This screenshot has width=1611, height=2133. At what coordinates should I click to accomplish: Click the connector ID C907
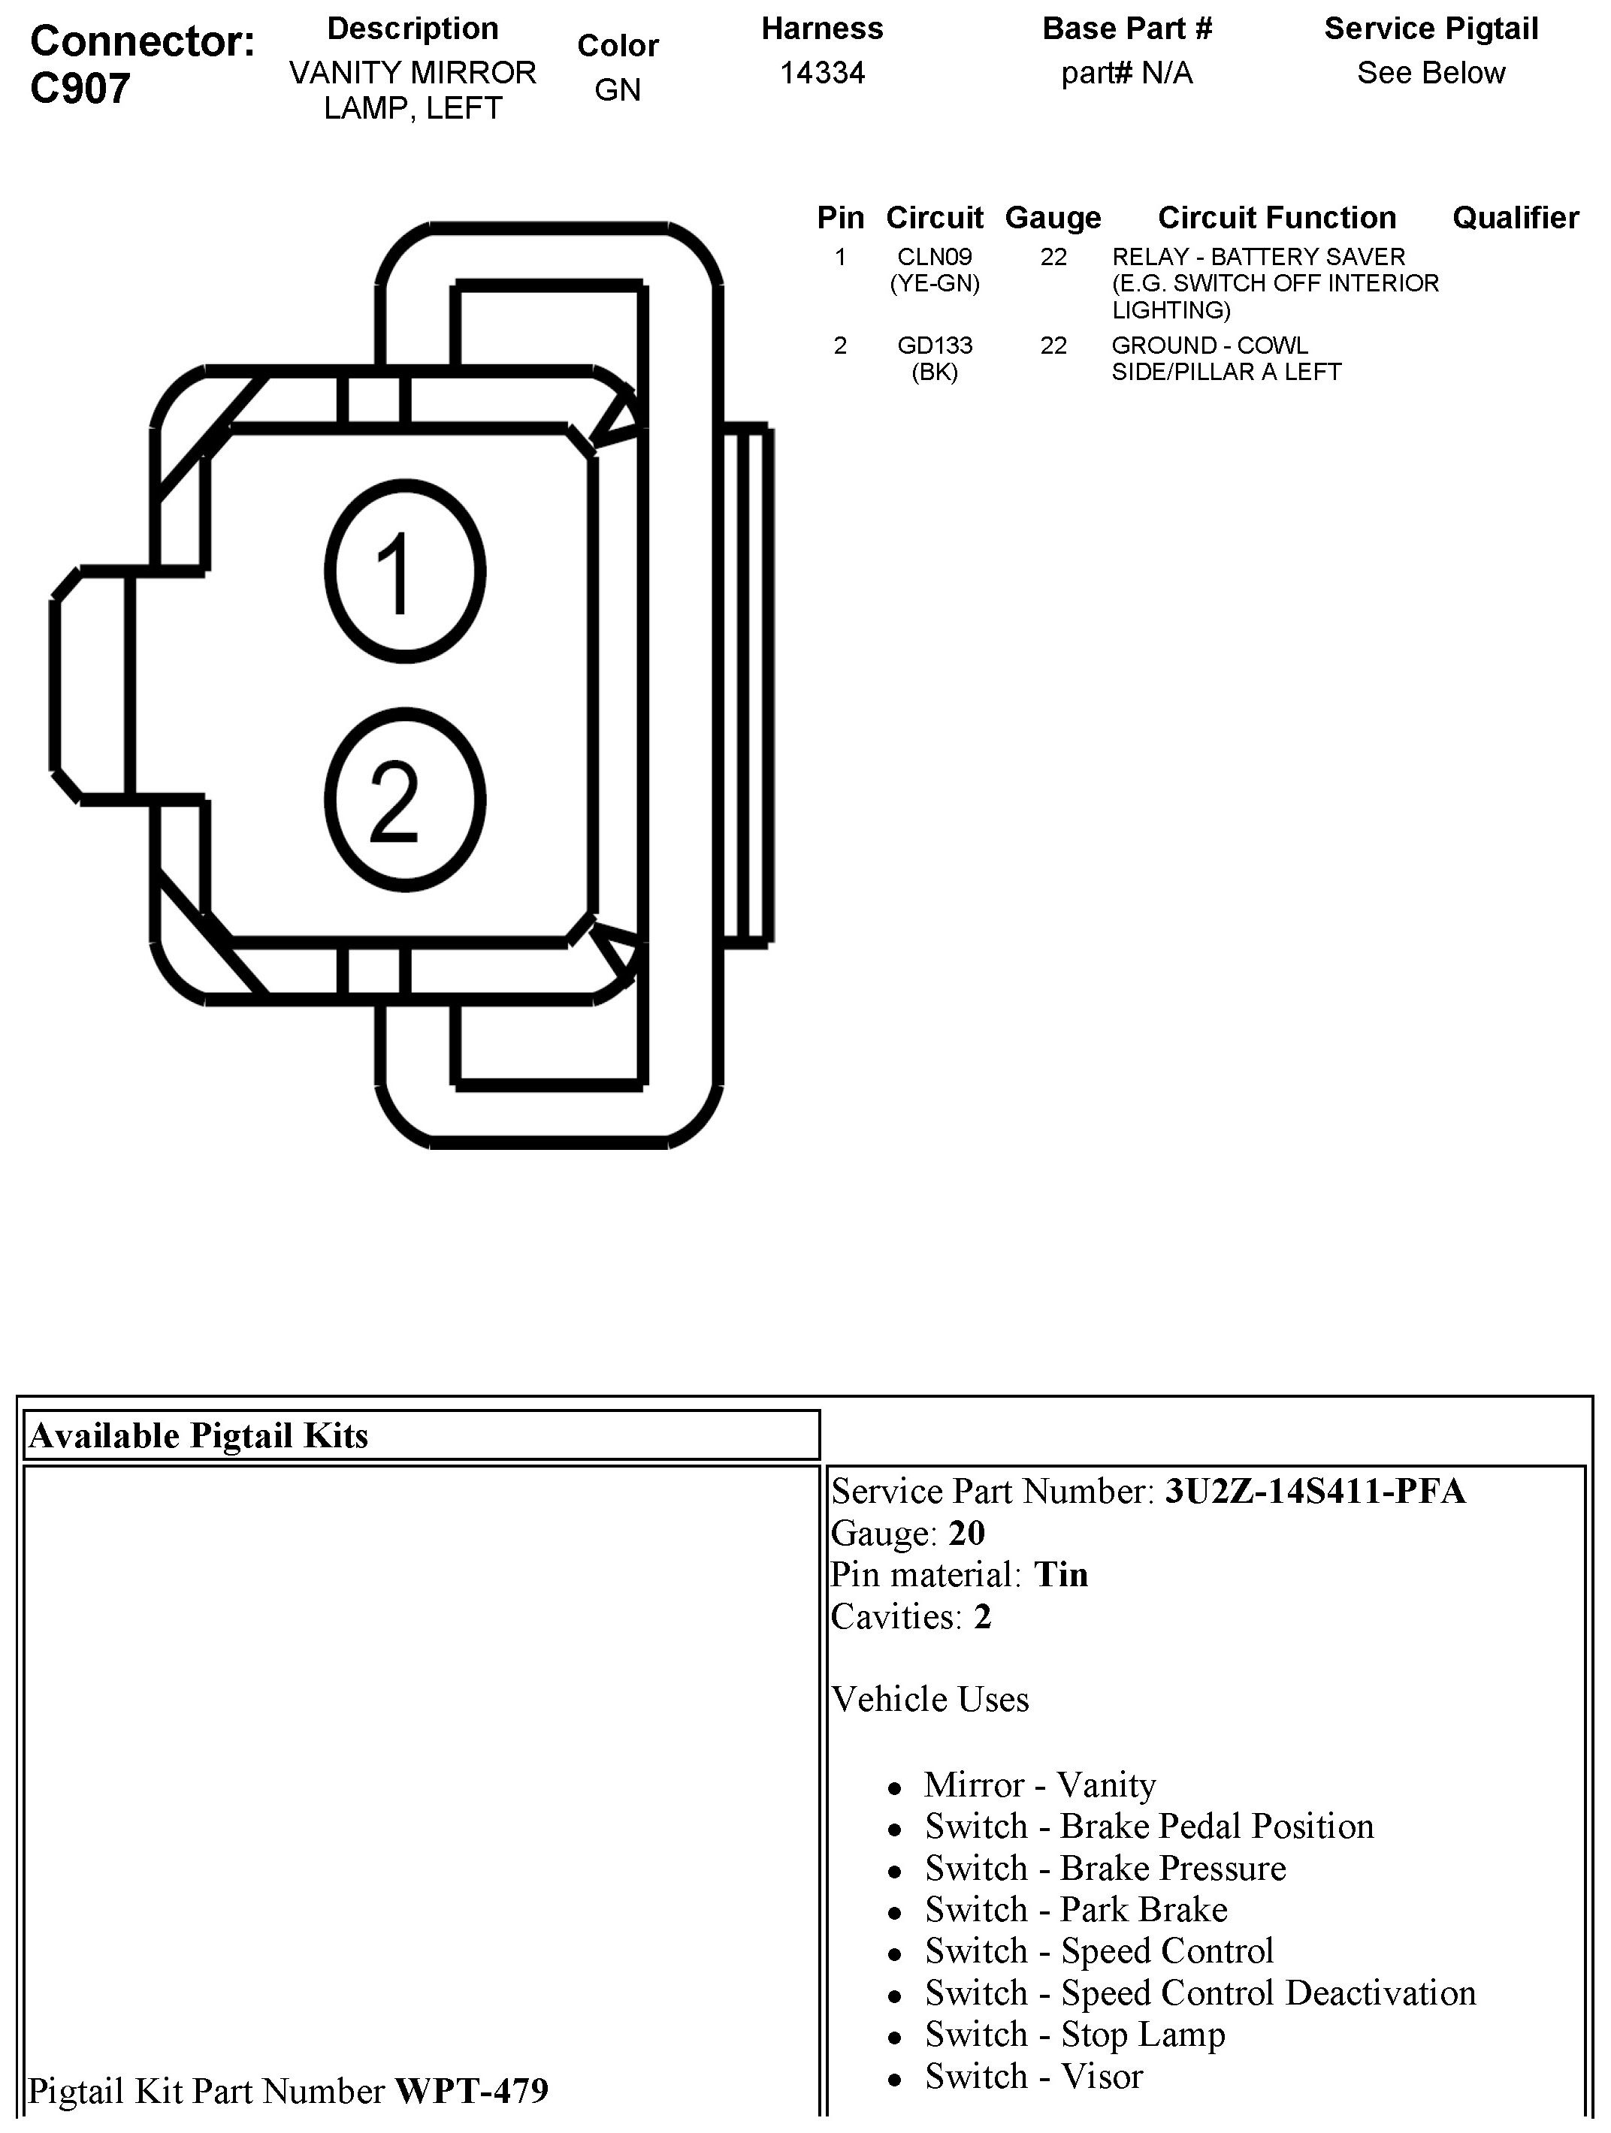[x=80, y=89]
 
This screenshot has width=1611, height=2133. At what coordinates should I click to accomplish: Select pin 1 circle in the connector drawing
[x=405, y=571]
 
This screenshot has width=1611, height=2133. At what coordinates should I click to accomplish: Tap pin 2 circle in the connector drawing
[x=405, y=801]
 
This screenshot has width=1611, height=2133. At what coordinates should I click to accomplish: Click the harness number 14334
[x=822, y=74]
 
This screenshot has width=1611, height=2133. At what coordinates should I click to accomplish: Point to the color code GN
[x=618, y=89]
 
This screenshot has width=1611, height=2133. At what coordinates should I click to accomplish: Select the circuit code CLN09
[x=934, y=257]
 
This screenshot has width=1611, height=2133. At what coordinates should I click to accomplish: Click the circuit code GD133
[x=934, y=345]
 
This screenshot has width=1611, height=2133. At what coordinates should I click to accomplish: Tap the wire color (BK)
[x=934, y=373]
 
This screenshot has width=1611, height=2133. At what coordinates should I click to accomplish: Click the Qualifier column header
[x=1515, y=218]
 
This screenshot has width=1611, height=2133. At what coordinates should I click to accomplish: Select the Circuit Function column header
[x=1277, y=218]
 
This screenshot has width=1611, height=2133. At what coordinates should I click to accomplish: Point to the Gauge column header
[x=1053, y=218]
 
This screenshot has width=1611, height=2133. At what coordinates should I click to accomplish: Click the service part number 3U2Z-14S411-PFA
[x=1315, y=1491]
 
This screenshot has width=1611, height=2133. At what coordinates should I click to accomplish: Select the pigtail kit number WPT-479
[x=472, y=2089]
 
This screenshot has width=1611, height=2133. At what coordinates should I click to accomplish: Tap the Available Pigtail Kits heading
[x=198, y=1436]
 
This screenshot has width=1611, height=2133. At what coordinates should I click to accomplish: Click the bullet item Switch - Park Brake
[x=1075, y=1909]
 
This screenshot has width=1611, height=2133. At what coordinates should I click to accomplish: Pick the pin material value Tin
[x=1061, y=1575]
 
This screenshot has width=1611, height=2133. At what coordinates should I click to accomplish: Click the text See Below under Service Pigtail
[x=1431, y=74]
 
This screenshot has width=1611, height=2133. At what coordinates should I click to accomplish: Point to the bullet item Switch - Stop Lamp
[x=1075, y=2034]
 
